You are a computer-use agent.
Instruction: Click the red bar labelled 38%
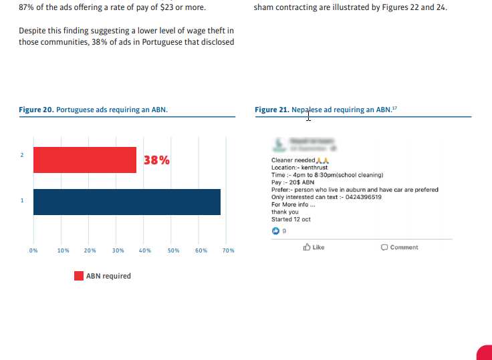(85, 160)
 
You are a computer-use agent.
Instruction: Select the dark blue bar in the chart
(127, 202)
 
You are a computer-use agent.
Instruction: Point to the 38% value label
(157, 160)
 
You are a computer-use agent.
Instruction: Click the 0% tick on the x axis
(33, 250)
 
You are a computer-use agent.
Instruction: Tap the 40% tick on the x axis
(144, 250)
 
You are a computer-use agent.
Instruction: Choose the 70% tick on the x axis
(229, 250)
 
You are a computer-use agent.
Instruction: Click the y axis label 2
(22, 155)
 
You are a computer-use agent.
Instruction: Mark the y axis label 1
(22, 200)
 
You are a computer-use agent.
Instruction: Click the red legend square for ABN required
(79, 276)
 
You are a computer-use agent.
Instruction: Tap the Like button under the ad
(314, 247)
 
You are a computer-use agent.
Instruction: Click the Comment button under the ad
(400, 247)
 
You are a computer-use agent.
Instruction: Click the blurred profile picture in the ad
(277, 144)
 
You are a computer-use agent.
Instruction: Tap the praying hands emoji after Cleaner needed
(322, 160)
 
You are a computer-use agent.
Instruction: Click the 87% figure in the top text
(27, 8)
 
